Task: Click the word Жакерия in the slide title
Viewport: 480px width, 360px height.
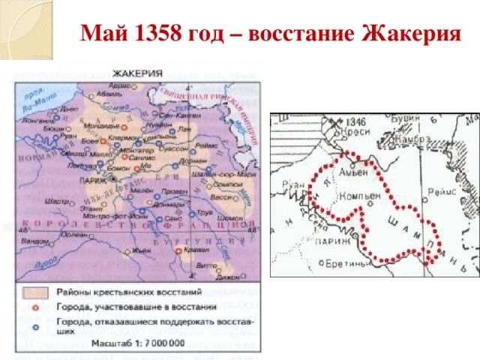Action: pos(411,34)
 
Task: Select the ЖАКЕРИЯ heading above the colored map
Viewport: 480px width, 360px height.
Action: pos(139,73)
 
